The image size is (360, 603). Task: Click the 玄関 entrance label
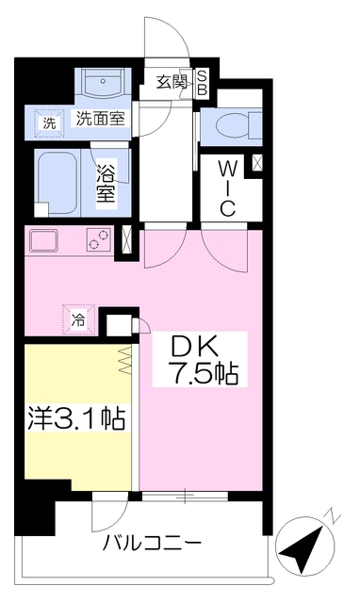click(172, 82)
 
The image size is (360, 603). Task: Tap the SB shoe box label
click(203, 84)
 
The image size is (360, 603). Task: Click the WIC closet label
click(227, 188)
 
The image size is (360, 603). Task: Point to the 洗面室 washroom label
click(101, 119)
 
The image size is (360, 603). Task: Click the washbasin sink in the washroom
click(103, 84)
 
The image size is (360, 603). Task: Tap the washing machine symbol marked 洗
click(49, 123)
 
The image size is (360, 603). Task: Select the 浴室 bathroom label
click(106, 184)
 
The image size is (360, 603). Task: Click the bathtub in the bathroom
click(57, 183)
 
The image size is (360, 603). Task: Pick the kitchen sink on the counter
click(43, 241)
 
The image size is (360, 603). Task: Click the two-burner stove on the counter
click(99, 239)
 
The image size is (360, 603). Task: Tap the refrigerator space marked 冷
click(78, 320)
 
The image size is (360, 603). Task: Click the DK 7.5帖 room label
click(200, 360)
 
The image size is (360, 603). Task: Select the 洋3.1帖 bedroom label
click(76, 418)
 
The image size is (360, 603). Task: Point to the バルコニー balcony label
click(152, 544)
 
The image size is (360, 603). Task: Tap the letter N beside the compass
click(334, 517)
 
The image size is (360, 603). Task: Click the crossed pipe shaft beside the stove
click(126, 240)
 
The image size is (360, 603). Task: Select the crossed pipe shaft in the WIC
click(257, 163)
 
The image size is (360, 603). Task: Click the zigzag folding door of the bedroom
click(125, 361)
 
